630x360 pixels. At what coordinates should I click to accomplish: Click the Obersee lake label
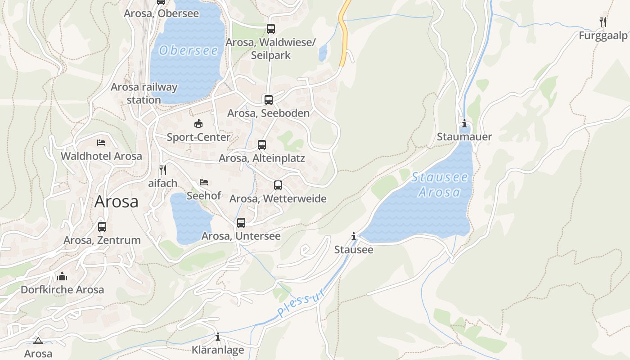click(x=188, y=50)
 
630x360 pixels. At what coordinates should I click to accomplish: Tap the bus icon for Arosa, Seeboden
click(x=269, y=100)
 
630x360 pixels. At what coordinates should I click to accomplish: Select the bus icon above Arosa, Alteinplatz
click(x=262, y=145)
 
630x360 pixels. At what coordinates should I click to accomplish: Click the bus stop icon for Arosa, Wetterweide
click(x=278, y=185)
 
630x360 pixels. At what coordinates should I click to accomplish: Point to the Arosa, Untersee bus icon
click(x=241, y=222)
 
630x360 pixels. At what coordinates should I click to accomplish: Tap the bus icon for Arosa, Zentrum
click(x=102, y=226)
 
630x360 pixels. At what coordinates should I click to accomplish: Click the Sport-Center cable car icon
click(x=198, y=123)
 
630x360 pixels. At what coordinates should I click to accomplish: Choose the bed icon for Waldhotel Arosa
click(x=101, y=143)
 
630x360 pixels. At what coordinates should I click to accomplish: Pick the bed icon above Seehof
click(x=204, y=182)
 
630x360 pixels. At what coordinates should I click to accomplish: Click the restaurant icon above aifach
click(x=163, y=170)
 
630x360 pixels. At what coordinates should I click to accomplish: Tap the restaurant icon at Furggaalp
click(x=603, y=22)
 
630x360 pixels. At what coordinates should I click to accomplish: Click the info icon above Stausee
click(x=354, y=236)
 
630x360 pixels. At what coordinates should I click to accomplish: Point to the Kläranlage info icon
click(x=218, y=336)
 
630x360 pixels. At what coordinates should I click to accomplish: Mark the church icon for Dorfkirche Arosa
click(x=62, y=276)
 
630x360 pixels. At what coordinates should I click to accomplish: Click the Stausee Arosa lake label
click(x=440, y=185)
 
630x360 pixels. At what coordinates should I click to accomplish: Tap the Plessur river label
click(x=301, y=303)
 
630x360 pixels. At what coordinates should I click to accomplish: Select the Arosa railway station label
click(x=144, y=93)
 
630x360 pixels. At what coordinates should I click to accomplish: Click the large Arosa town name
click(x=117, y=202)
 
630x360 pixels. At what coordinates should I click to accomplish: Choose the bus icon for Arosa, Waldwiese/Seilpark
click(x=270, y=29)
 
